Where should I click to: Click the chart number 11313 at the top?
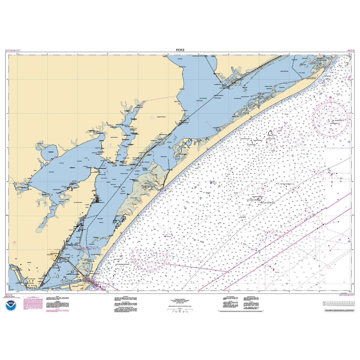coord(180,50)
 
